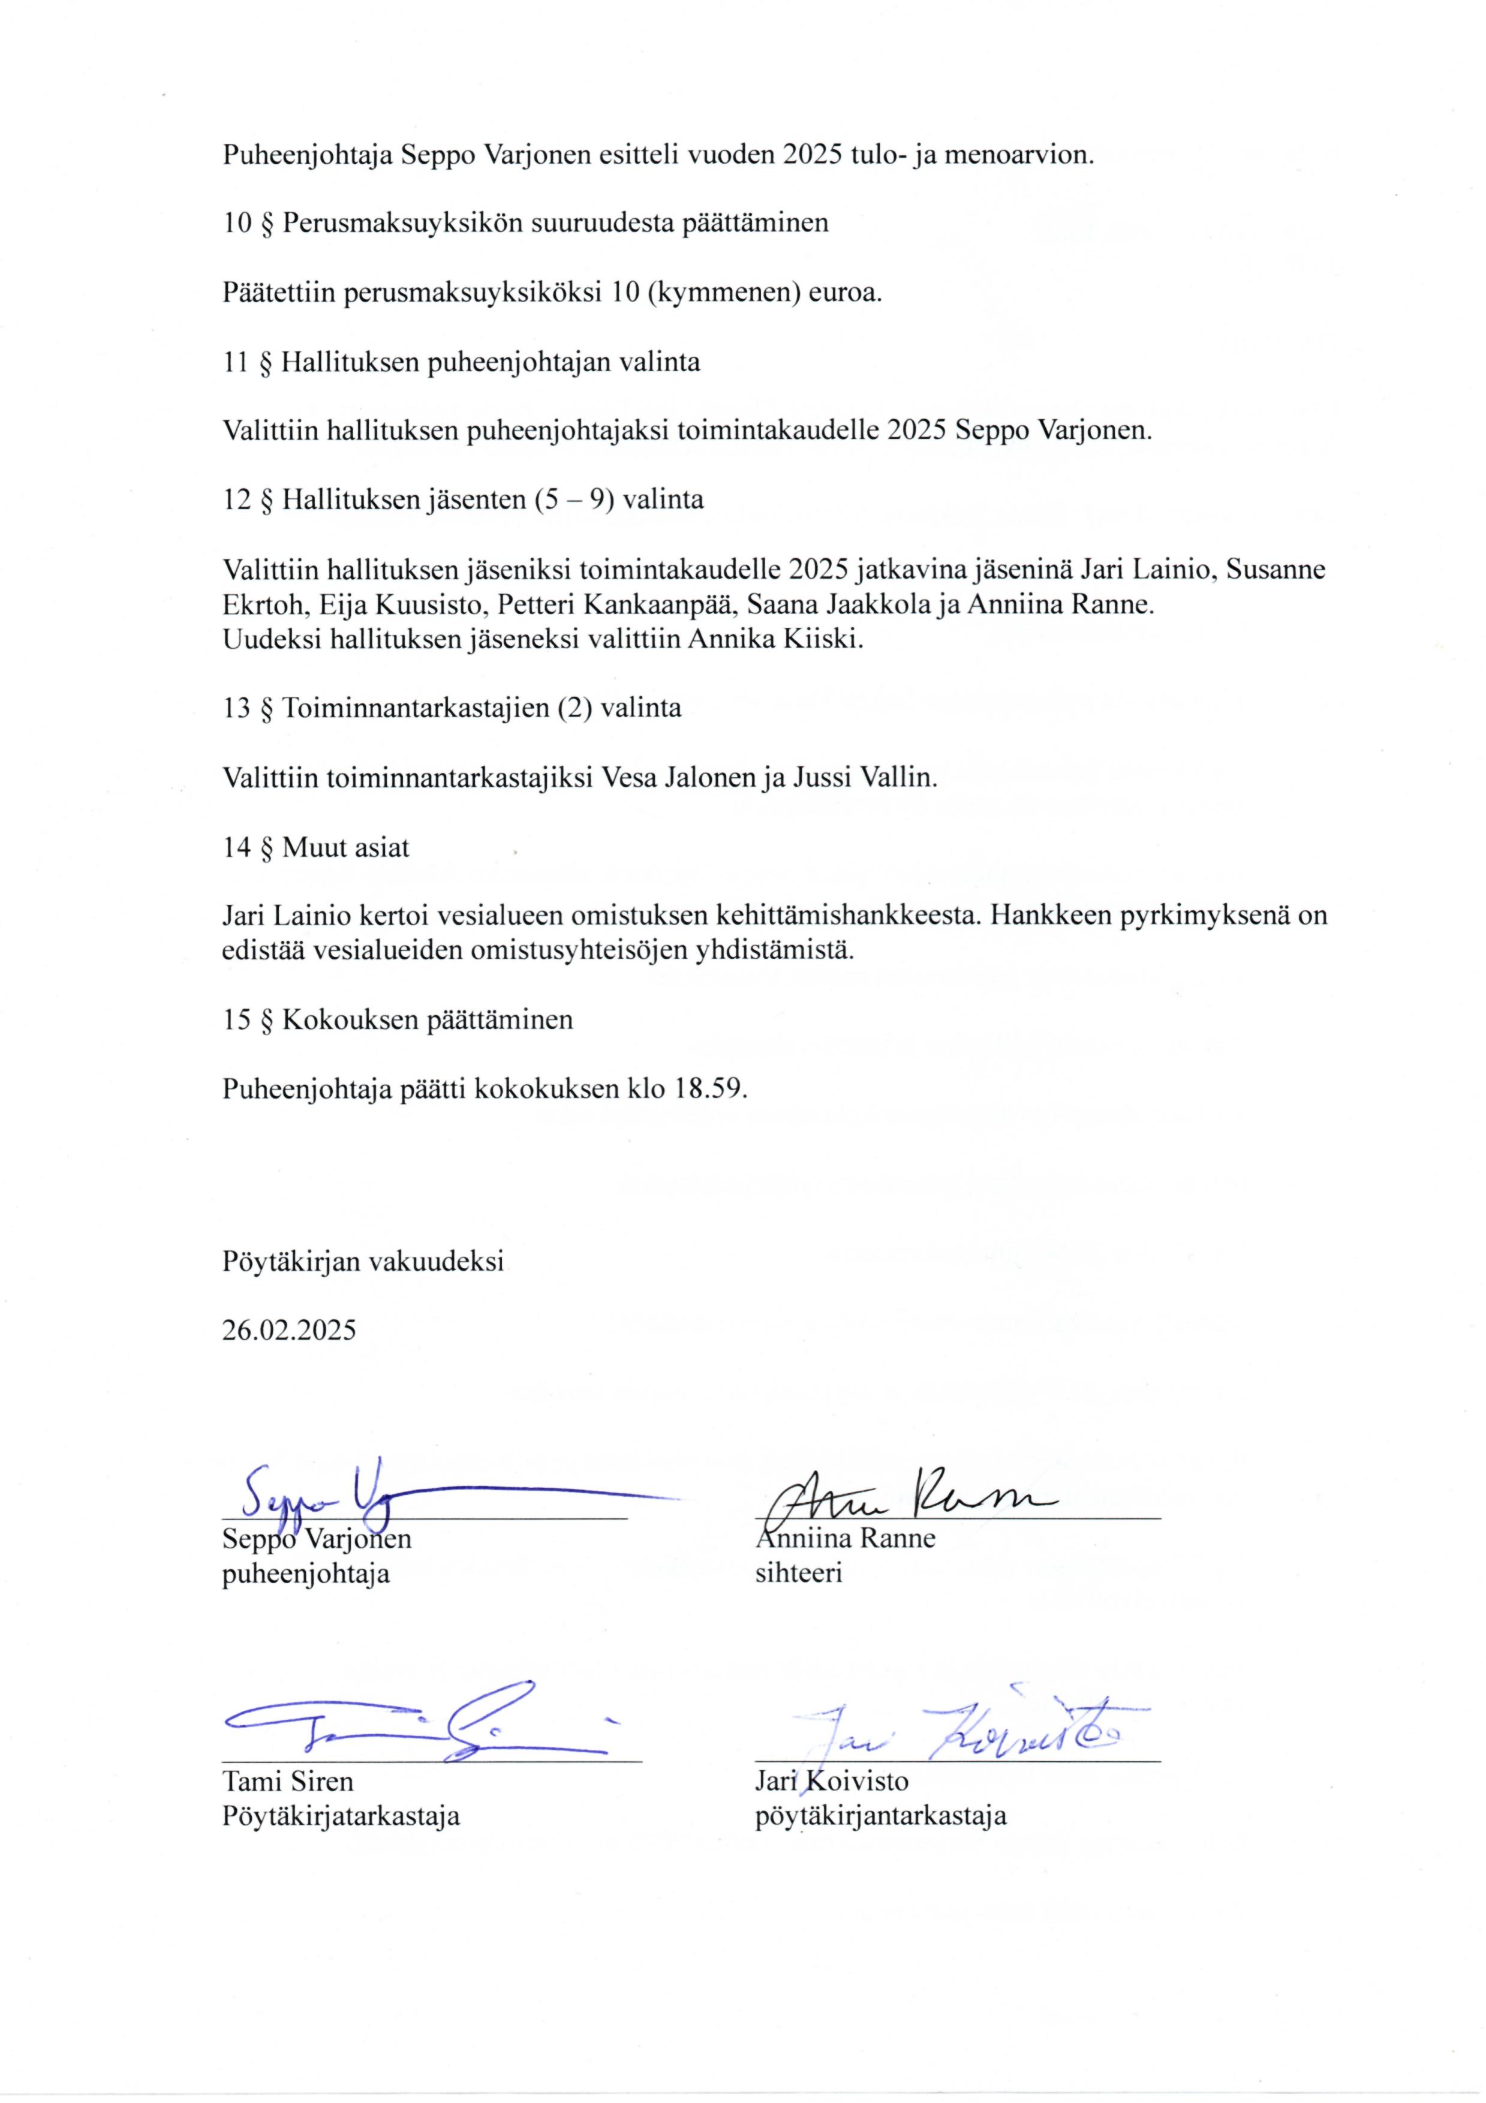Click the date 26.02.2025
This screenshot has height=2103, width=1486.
pos(288,1331)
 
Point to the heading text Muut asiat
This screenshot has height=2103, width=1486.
pos(345,847)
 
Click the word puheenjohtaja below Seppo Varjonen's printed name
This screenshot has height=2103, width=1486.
pos(305,1574)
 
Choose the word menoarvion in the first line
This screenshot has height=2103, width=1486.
pos(1019,154)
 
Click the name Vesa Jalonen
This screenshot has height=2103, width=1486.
pos(678,778)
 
